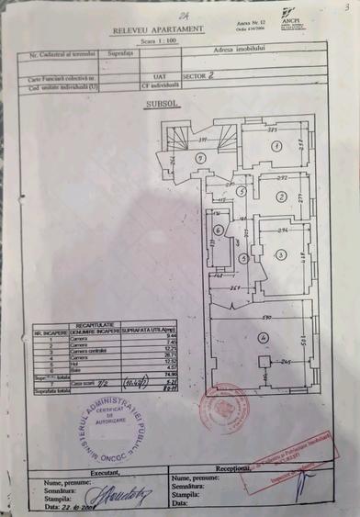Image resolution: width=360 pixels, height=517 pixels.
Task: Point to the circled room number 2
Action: (279, 197)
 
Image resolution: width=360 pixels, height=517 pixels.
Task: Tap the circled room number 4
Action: (263, 339)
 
